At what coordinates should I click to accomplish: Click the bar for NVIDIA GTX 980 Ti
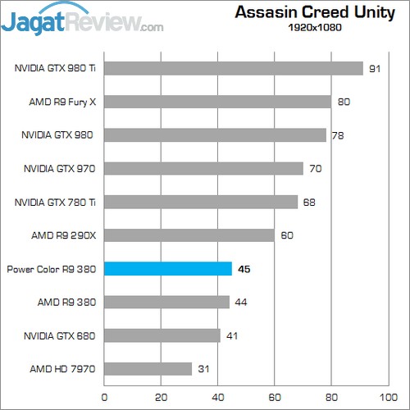click(x=233, y=68)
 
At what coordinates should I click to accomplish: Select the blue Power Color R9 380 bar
click(x=167, y=269)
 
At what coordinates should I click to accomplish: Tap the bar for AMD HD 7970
click(x=148, y=369)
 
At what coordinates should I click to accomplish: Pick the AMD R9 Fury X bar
click(x=217, y=102)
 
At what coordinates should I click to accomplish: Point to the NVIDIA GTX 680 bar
click(x=162, y=335)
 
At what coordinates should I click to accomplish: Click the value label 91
click(x=375, y=69)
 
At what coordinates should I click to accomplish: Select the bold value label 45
click(x=244, y=269)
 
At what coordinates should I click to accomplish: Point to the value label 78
click(x=338, y=135)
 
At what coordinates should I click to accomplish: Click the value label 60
click(x=287, y=235)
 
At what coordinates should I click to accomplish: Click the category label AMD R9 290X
click(x=64, y=235)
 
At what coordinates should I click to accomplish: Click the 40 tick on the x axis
click(x=217, y=396)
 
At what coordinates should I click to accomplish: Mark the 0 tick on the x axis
click(x=104, y=396)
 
